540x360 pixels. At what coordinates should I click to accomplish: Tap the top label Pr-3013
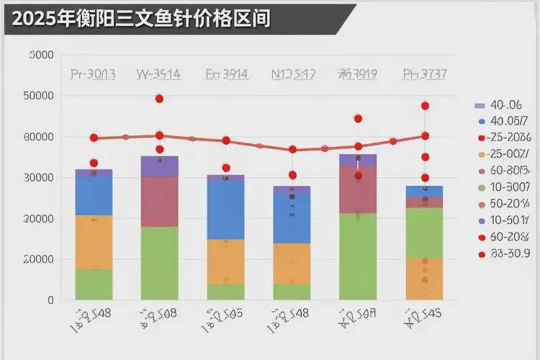click(x=94, y=73)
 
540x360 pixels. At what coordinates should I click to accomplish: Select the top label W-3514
click(x=158, y=73)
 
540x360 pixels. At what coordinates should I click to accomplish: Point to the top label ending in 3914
click(x=227, y=73)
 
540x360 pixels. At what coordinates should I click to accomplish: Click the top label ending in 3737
click(x=425, y=73)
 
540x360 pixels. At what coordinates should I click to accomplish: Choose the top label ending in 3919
click(x=358, y=73)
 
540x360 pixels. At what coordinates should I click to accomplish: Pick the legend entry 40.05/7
click(x=508, y=121)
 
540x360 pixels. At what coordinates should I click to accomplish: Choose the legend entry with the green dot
click(x=508, y=187)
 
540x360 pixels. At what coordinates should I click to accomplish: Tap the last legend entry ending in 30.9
click(x=508, y=253)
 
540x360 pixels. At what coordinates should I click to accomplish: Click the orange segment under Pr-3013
click(x=94, y=242)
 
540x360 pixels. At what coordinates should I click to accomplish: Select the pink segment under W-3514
click(x=159, y=202)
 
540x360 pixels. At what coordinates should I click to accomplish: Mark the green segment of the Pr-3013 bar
click(x=94, y=284)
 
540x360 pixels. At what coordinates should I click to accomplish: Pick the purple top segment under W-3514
click(x=159, y=166)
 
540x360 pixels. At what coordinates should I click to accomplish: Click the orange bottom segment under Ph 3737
click(x=425, y=279)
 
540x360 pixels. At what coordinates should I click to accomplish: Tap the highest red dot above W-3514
click(x=159, y=99)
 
